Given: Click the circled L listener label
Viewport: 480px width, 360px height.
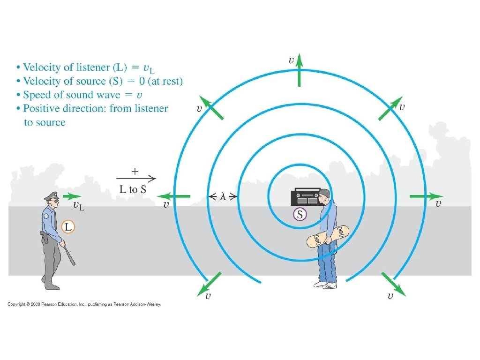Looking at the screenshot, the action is click(x=68, y=227).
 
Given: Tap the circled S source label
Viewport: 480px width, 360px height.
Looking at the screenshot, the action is click(x=299, y=215).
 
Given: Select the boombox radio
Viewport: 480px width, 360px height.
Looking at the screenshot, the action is click(x=306, y=197).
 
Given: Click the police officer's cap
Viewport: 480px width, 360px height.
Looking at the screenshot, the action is click(x=51, y=195).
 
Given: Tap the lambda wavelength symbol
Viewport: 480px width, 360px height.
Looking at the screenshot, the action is click(x=223, y=196).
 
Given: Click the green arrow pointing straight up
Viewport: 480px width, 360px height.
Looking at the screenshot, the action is click(x=300, y=70).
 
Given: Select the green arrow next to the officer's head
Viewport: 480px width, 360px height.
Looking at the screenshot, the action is click(x=72, y=196).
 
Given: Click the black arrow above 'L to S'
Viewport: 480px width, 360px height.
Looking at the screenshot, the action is click(x=136, y=178).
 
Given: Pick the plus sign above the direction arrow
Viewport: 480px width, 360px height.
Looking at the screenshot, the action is click(x=135, y=171).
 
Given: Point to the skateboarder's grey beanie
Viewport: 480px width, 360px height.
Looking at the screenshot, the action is click(x=325, y=193).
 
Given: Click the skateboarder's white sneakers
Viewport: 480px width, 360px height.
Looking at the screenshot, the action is click(x=325, y=284).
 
